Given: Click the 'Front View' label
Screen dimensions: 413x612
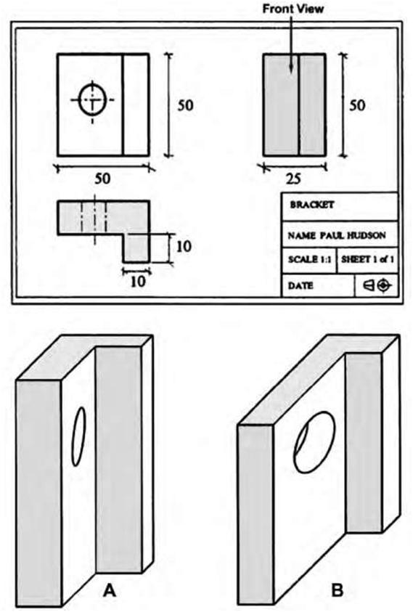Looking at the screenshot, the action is [293, 9].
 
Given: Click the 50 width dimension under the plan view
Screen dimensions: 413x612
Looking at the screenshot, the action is [102, 179].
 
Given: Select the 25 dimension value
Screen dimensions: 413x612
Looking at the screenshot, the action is [293, 179].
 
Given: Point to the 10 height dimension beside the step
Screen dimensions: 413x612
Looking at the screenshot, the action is [184, 246].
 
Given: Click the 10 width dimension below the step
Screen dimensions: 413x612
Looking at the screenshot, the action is [137, 282].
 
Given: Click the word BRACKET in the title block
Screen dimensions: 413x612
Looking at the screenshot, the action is [312, 205].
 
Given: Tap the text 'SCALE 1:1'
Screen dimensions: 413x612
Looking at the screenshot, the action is [309, 260].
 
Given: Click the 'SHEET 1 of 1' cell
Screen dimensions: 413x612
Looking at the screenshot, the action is [367, 260].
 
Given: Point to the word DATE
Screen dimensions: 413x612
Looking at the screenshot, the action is [300, 286].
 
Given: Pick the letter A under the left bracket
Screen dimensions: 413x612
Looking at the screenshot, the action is [110, 592].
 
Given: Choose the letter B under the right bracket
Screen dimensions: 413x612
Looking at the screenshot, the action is [337, 590].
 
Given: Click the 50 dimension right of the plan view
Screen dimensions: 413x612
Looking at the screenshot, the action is [185, 105].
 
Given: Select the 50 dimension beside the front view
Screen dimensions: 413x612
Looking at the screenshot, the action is [357, 105].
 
